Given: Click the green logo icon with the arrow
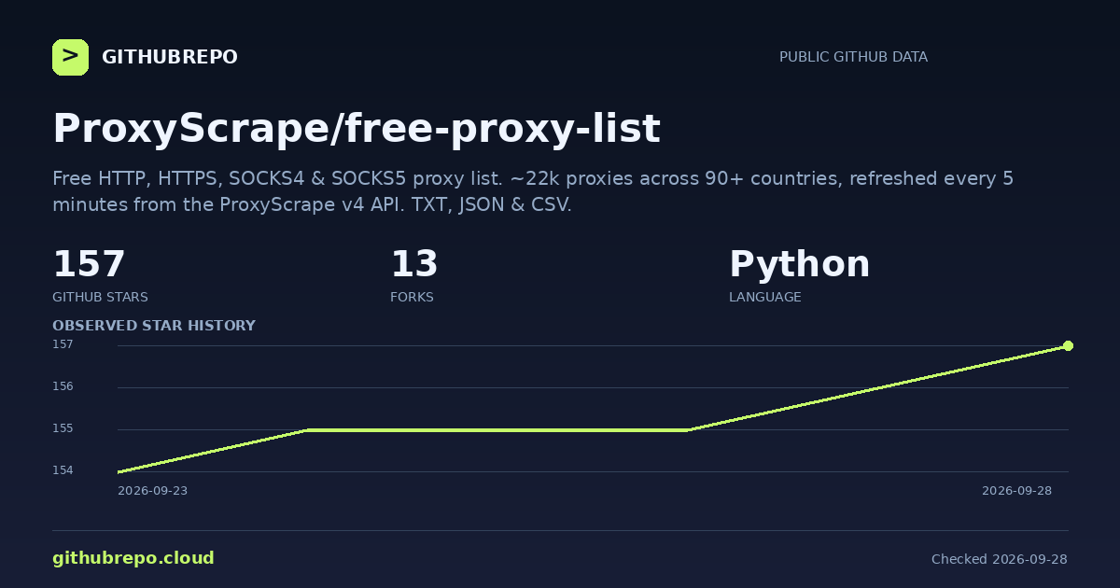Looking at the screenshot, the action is [71, 58].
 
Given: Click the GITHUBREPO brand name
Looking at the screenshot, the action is [170, 57].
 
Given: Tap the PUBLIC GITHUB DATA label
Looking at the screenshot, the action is [853, 57].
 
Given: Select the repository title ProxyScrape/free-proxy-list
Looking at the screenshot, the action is [357, 129].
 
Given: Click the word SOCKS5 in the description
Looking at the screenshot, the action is [369, 178].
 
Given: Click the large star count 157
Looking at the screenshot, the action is [89, 264].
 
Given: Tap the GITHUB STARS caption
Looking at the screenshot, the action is [100, 297].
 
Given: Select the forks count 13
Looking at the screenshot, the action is [414, 264].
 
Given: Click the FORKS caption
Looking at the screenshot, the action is [412, 297].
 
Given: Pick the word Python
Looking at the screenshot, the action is [800, 264].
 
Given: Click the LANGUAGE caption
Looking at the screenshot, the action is [765, 297].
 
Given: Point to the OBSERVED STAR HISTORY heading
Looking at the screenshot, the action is [154, 326].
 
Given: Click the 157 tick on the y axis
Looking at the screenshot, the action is [63, 344].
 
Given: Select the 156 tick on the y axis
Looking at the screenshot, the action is [63, 386].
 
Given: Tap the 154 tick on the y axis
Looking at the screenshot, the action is [63, 470].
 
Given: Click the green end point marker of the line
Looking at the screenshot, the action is [1068, 346].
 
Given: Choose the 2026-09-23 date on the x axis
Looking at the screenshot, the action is [152, 491].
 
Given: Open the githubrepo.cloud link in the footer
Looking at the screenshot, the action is [133, 558].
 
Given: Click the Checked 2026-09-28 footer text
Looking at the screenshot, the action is [999, 559].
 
